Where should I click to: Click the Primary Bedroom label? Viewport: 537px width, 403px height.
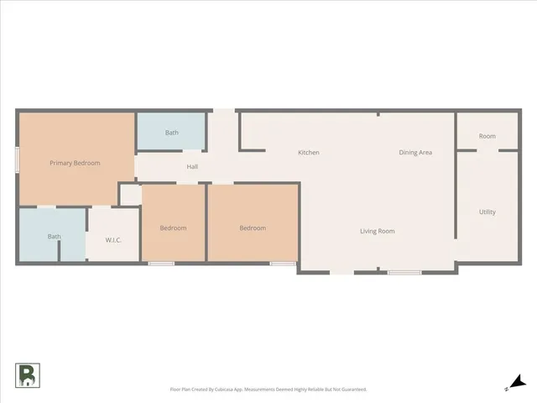pyautogui.click(x=75, y=163)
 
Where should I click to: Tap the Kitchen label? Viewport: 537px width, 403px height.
pyautogui.click(x=309, y=153)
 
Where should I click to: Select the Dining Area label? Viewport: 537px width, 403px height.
pyautogui.click(x=415, y=153)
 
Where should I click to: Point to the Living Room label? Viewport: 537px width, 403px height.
pyautogui.click(x=378, y=231)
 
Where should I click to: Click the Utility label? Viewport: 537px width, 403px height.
pyautogui.click(x=487, y=212)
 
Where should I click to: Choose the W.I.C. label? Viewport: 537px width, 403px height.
pyautogui.click(x=113, y=240)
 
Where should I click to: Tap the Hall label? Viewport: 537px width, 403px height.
pyautogui.click(x=192, y=167)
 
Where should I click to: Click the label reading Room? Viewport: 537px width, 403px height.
pyautogui.click(x=487, y=136)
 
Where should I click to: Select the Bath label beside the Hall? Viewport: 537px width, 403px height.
pyautogui.click(x=171, y=133)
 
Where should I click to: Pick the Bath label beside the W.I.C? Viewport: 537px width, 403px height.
pyautogui.click(x=54, y=237)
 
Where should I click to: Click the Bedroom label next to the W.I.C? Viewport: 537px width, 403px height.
pyautogui.click(x=173, y=228)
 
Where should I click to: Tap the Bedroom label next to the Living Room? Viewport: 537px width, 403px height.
pyautogui.click(x=253, y=228)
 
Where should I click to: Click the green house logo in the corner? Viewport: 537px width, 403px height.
pyautogui.click(x=26, y=375)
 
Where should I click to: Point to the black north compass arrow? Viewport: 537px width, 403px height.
pyautogui.click(x=518, y=382)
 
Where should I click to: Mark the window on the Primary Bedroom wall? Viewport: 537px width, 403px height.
pyautogui.click(x=17, y=160)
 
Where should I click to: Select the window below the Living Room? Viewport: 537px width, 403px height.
pyautogui.click(x=404, y=272)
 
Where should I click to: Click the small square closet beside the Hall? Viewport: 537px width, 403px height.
pyautogui.click(x=130, y=194)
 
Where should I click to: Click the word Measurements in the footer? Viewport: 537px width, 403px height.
pyautogui.click(x=261, y=390)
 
